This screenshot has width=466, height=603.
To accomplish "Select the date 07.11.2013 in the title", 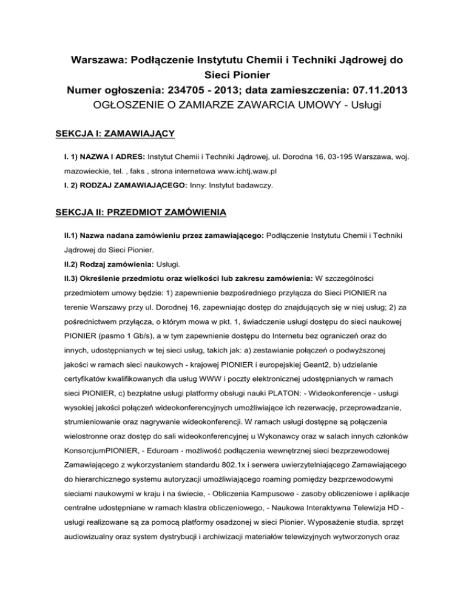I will tap(371, 90).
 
